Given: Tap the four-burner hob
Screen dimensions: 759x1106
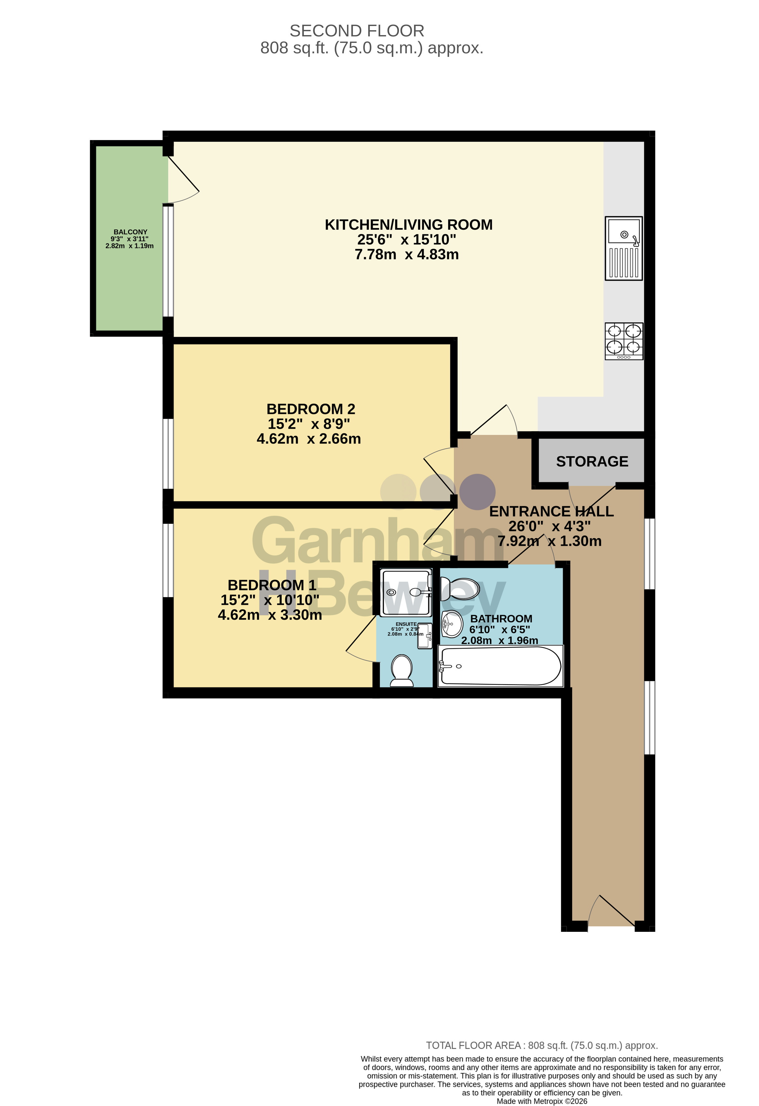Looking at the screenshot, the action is pos(624,341).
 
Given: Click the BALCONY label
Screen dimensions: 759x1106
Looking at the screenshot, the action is pos(130,232).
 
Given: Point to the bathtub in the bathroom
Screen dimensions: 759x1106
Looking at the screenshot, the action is pos(500,666).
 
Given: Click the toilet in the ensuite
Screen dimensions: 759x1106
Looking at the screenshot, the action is pos(402,671).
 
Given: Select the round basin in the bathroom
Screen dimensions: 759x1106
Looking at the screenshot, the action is pos(452,624).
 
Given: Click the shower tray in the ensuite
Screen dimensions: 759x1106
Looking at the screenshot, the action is pos(406,592).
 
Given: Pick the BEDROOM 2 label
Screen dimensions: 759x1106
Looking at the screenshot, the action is pos(311,409).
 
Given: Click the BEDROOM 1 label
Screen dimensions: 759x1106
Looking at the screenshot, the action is pos(272,585).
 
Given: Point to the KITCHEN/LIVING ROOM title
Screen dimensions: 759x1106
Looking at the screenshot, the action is pos(409,225).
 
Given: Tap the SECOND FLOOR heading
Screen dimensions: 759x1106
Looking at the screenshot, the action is pos(357,31).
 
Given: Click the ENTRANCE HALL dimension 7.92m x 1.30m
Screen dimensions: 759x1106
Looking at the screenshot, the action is pos(550,541).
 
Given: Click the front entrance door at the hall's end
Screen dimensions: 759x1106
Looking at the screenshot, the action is pos(612,911).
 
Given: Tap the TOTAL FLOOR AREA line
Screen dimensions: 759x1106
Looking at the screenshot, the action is pos(542,1046).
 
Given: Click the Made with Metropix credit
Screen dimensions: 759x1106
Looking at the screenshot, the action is pos(542,1101).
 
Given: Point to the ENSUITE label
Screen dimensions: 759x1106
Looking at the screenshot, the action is pos(406,624).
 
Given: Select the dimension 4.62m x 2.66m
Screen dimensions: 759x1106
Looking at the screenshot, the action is pos(309,438).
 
